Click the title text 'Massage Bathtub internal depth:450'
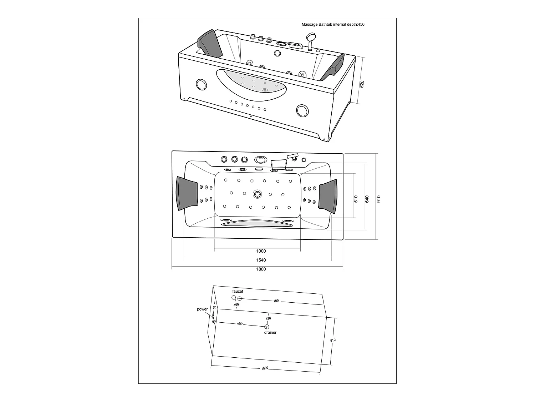click(x=333, y=25)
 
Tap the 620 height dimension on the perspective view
click(x=362, y=84)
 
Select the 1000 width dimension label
click(x=261, y=251)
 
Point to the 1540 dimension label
click(x=261, y=260)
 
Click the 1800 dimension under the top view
click(x=261, y=269)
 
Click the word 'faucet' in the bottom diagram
click(x=238, y=292)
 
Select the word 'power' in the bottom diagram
click(x=202, y=309)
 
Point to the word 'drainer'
click(x=270, y=332)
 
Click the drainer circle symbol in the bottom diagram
click(x=267, y=326)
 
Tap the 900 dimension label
click(x=240, y=324)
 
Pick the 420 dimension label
click(x=268, y=318)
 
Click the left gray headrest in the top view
click(x=187, y=194)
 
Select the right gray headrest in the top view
click(x=328, y=196)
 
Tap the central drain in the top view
click(x=257, y=194)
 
